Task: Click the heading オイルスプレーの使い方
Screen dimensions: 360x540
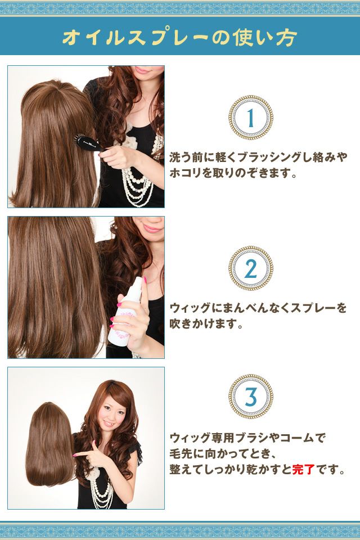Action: tap(180, 37)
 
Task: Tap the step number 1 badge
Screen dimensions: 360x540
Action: tap(251, 118)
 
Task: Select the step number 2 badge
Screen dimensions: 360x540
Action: tap(251, 268)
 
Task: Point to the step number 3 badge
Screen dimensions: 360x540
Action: tap(251, 397)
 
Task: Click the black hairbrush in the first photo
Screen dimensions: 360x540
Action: tap(88, 143)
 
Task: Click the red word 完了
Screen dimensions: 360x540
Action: tap(303, 469)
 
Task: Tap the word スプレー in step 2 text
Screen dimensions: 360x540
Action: tap(313, 308)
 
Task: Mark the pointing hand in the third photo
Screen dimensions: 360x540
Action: tap(90, 455)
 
